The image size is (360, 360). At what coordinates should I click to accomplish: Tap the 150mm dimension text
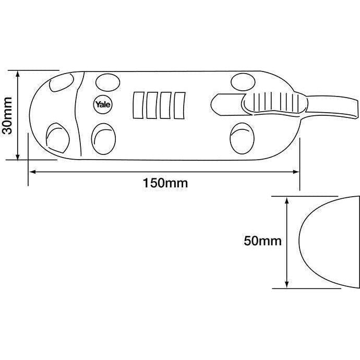click(x=165, y=183)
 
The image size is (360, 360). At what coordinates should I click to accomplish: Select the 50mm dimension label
click(x=262, y=241)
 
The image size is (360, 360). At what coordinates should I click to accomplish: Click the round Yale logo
click(x=101, y=104)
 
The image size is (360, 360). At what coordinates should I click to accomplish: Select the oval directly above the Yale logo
click(x=106, y=81)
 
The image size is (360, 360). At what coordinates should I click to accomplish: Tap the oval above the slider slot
click(x=242, y=81)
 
